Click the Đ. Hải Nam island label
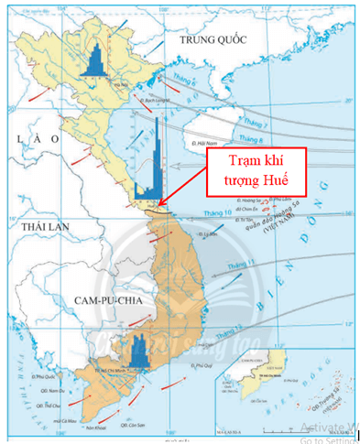tap(212, 144)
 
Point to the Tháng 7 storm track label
tap(260, 123)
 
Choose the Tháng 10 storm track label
tap(209, 216)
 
